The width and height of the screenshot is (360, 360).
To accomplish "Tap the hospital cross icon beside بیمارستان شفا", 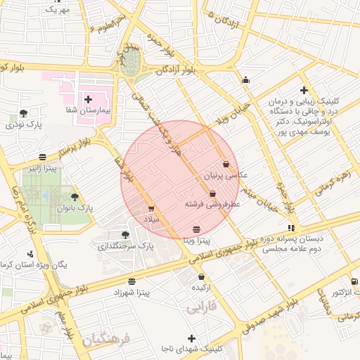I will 88,100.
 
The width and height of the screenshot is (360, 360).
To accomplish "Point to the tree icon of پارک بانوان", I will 75,198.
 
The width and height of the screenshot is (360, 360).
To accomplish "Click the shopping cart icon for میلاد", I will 151,209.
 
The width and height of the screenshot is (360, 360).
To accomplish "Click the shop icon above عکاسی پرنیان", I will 226,164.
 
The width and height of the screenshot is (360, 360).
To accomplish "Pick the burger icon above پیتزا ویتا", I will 195,229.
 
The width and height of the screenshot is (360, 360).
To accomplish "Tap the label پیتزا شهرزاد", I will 132,291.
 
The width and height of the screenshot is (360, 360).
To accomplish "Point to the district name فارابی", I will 202,307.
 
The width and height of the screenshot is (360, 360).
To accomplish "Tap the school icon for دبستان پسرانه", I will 291,228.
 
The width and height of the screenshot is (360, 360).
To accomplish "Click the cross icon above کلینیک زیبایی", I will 304,90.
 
